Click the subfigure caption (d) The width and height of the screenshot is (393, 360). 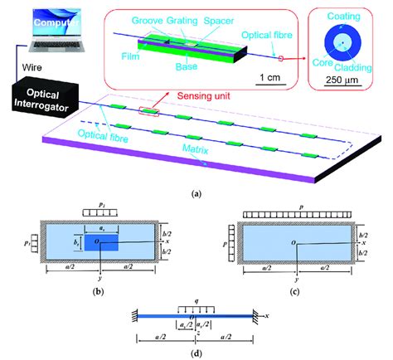pyautogui.click(x=196, y=353)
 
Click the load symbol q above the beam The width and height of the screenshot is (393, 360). pyautogui.click(x=196, y=301)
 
